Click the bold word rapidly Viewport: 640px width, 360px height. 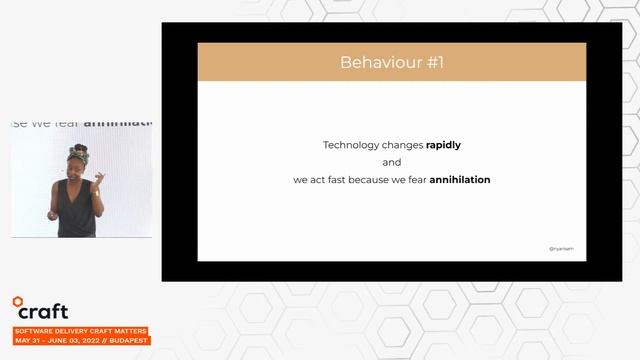pyautogui.click(x=443, y=145)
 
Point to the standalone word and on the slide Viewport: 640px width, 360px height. pyautogui.click(x=391, y=162)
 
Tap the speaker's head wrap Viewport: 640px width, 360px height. pyautogui.click(x=78, y=152)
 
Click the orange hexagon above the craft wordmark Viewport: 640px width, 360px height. pyautogui.click(x=18, y=300)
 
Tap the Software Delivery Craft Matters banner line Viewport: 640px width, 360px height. pyautogui.click(x=80, y=330)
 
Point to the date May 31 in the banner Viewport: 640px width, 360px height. pyautogui.click(x=28, y=341)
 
